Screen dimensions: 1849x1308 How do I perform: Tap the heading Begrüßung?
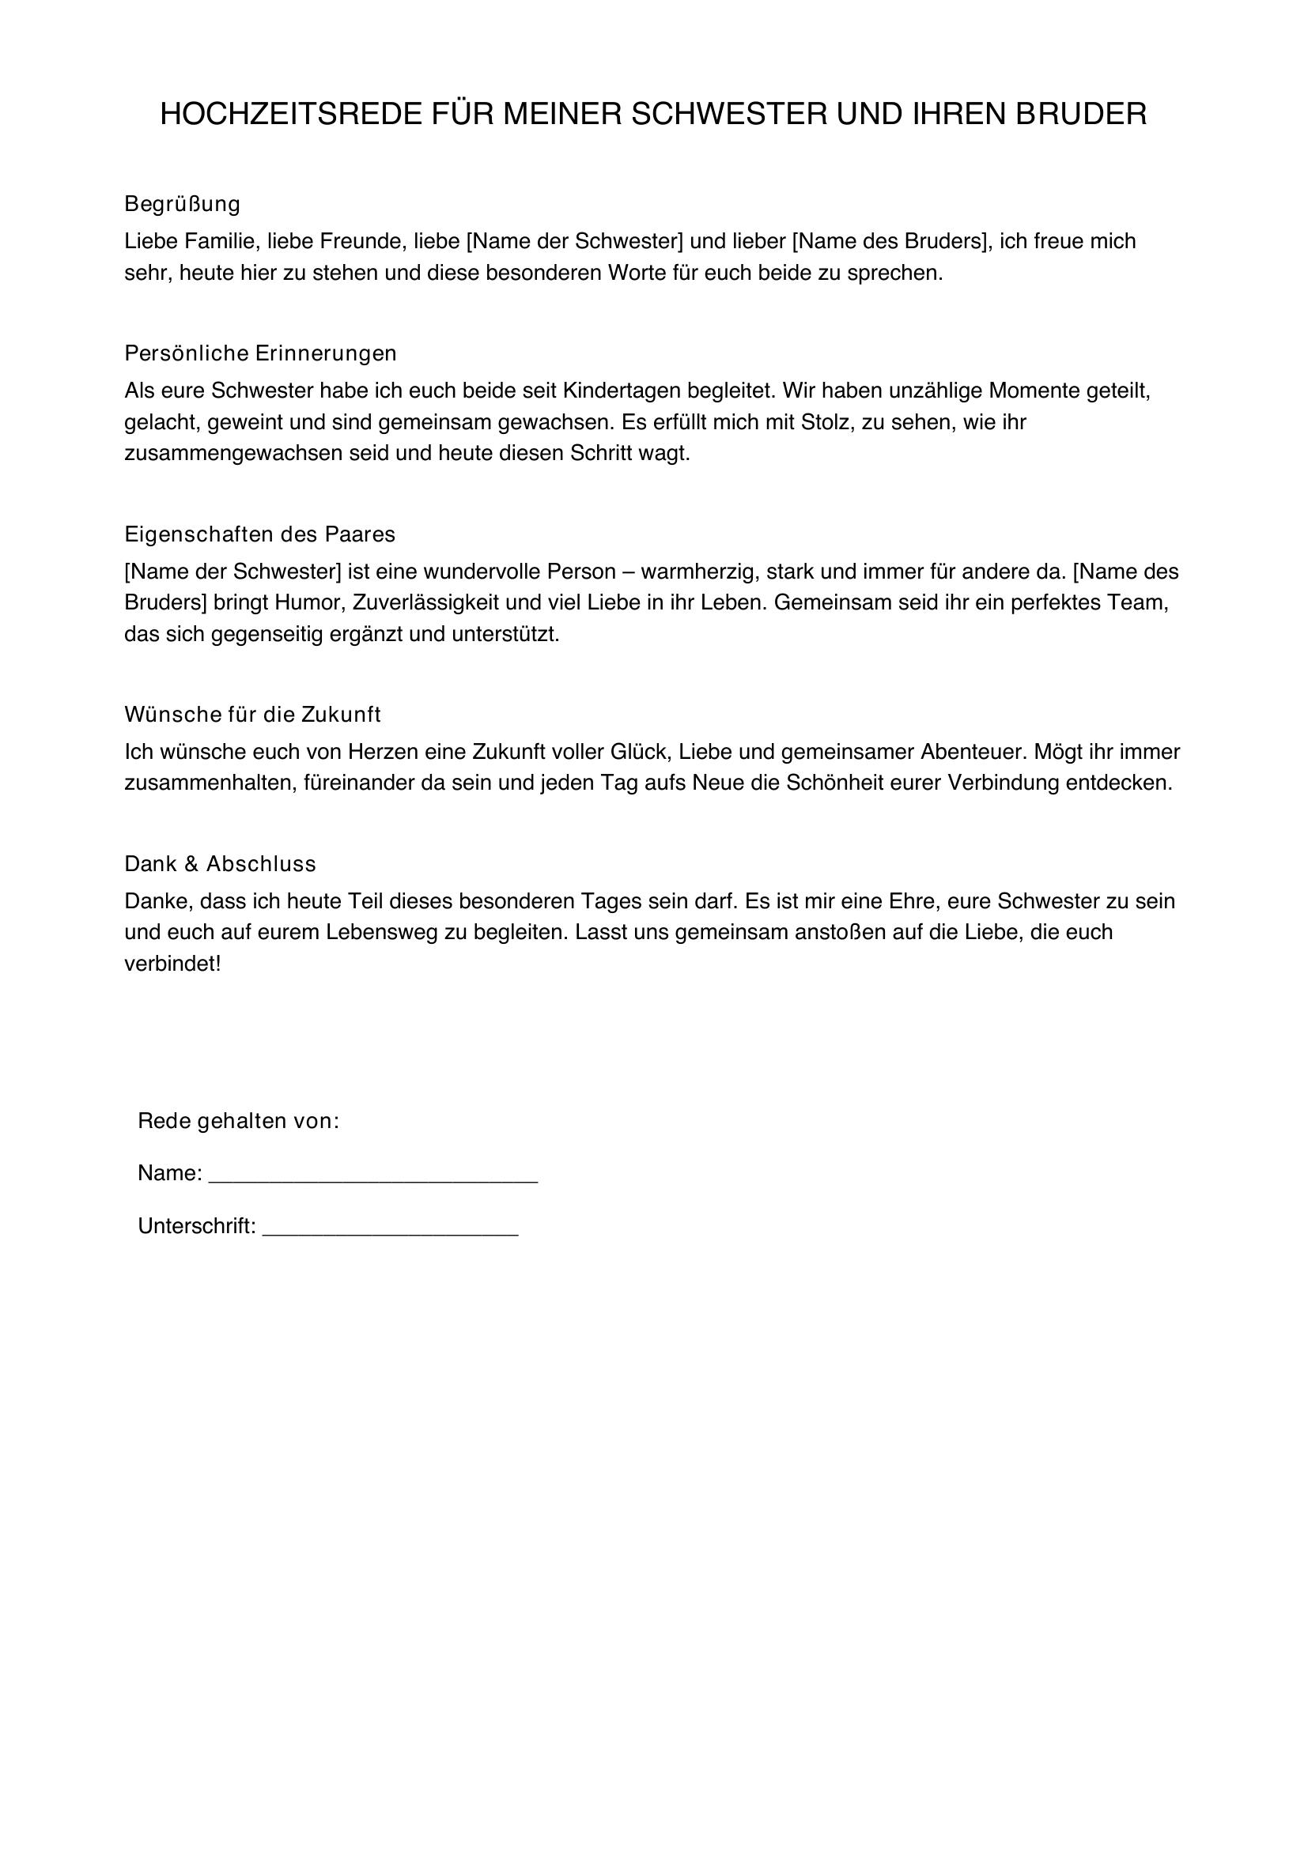pos(182,205)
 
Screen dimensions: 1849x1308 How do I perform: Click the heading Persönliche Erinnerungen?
pos(260,353)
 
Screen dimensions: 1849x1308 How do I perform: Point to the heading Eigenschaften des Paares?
pos(259,534)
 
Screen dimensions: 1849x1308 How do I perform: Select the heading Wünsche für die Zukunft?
pos(252,715)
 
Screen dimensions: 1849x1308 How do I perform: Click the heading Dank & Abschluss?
pos(220,864)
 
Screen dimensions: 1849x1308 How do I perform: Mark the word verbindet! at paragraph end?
pos(172,964)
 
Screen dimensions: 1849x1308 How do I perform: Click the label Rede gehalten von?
pos(238,1121)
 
